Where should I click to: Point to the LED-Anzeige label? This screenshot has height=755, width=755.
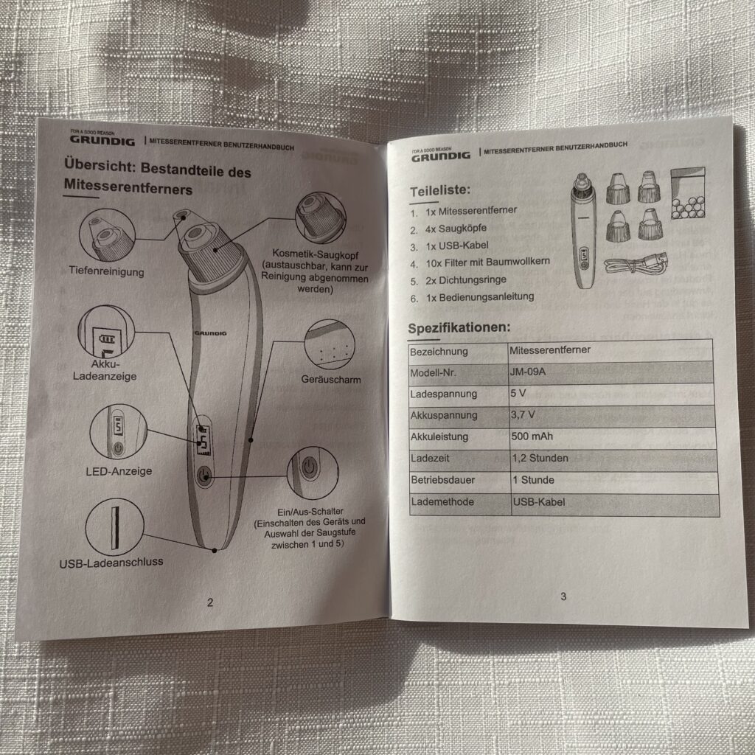coord(119,470)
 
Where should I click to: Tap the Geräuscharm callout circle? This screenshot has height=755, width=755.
coord(330,345)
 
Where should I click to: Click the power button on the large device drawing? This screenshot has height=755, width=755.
coord(204,476)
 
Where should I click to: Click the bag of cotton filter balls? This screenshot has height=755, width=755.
coord(689,193)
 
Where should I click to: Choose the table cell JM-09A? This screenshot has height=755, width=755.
coord(528,372)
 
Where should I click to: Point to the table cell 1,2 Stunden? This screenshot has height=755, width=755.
coord(540,458)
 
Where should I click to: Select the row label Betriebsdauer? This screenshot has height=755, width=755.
coord(442,480)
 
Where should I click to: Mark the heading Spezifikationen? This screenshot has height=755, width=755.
coord(459,327)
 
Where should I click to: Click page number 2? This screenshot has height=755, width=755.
coord(210,602)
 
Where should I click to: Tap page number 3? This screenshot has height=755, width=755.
coord(563,596)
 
